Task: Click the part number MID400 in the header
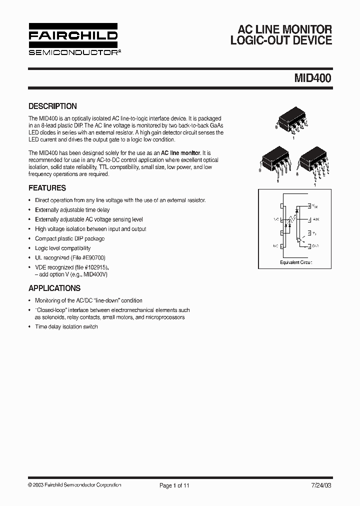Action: coord(312,78)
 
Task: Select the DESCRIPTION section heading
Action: coord(52,106)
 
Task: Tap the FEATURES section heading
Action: coord(47,188)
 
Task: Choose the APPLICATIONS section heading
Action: coord(54,288)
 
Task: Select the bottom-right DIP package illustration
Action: coord(313,161)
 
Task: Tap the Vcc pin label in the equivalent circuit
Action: coord(314,205)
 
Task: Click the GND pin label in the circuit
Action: coord(315,246)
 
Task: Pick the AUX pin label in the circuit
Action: coord(315,219)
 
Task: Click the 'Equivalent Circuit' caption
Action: coord(295,262)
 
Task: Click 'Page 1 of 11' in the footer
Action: coord(174,485)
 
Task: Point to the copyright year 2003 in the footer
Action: coord(38,485)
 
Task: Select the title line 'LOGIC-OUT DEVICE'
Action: coord(281,41)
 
